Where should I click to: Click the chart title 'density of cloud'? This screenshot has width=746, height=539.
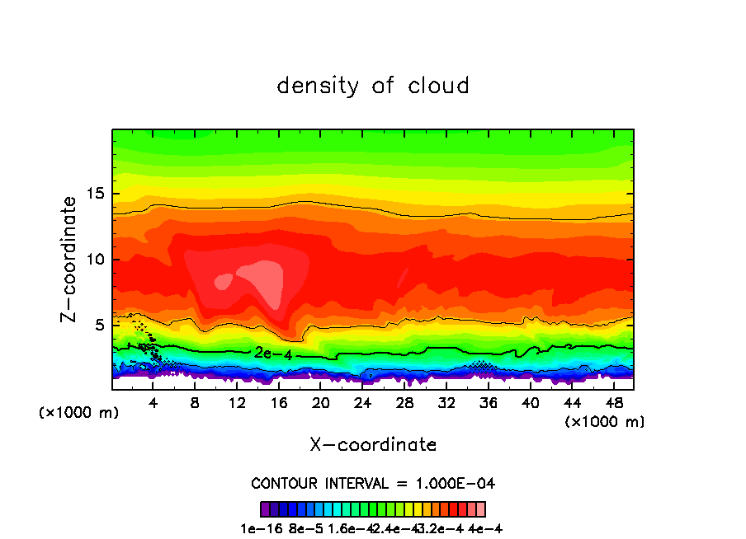point(373,86)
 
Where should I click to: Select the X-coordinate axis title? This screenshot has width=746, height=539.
point(373,445)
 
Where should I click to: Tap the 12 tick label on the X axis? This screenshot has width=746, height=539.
point(237,403)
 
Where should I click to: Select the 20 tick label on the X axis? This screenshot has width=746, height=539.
point(320,403)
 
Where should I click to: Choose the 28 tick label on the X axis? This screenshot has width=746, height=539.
point(404,403)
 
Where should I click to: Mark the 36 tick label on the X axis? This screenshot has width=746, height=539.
point(488,403)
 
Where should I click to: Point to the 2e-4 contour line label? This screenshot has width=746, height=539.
point(269,353)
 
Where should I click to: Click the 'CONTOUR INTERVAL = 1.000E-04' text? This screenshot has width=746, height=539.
point(373,483)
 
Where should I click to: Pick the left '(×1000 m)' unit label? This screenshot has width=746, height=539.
point(79,413)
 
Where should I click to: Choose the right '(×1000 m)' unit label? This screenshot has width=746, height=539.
point(605,422)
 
